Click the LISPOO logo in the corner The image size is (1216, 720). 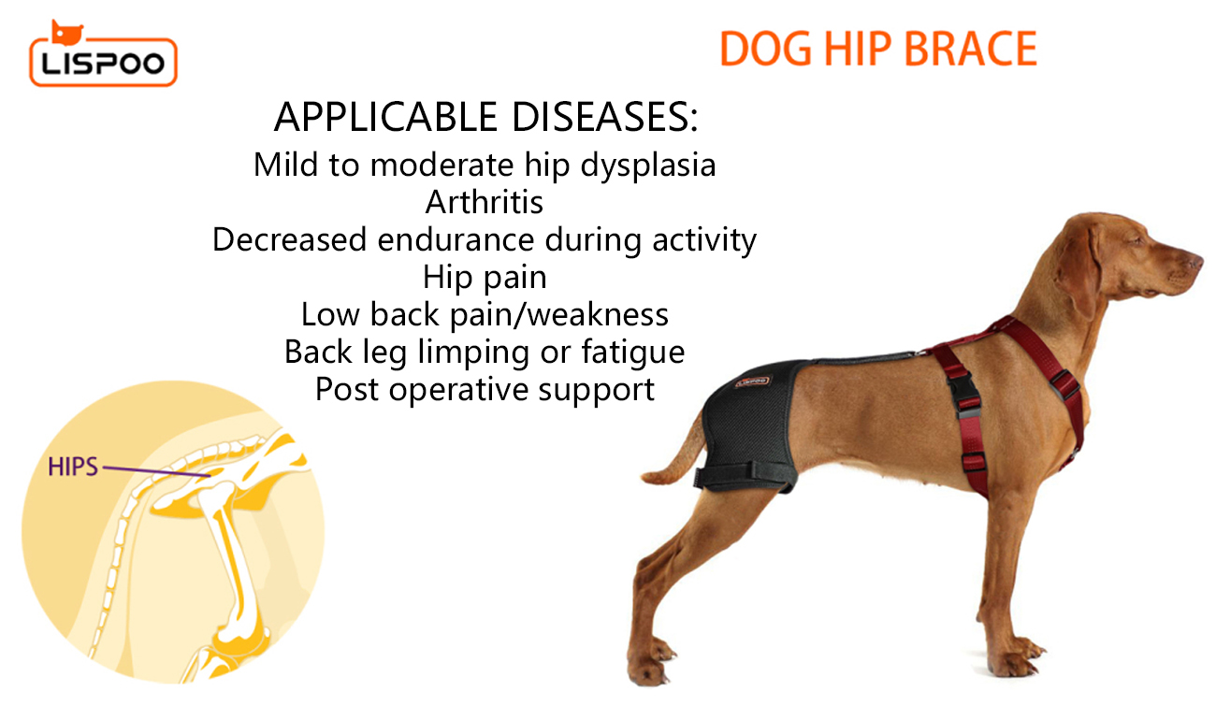point(103,53)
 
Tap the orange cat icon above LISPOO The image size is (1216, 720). point(66,33)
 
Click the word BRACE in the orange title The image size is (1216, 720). point(971,49)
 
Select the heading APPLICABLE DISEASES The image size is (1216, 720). point(485,117)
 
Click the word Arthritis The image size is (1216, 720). point(485,202)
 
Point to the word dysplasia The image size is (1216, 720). point(648,165)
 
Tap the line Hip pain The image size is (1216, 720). point(485,278)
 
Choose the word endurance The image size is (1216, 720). point(456,239)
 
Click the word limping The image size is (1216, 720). point(472,353)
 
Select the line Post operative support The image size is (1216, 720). point(485,390)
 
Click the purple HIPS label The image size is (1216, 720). point(73,467)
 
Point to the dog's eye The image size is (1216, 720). point(1141,240)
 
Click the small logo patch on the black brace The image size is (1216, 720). point(752,382)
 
